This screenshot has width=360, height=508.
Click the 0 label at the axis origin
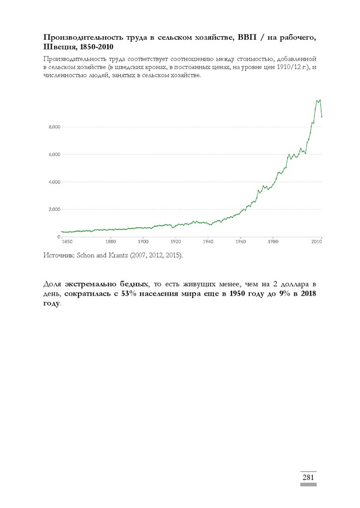click(x=58, y=237)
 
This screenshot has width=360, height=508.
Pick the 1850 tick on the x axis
click(x=67, y=242)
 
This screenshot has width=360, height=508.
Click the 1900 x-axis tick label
click(x=143, y=242)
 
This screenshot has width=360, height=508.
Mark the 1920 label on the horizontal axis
click(x=175, y=242)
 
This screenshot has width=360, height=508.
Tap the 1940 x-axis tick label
click(x=208, y=242)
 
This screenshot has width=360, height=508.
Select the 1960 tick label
click(x=240, y=242)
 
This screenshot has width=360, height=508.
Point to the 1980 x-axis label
click(x=273, y=242)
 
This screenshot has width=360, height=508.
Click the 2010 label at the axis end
click(x=316, y=242)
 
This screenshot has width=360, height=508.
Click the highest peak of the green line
click(x=320, y=100)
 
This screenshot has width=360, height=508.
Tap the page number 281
click(x=308, y=477)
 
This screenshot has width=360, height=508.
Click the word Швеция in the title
click(x=59, y=46)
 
